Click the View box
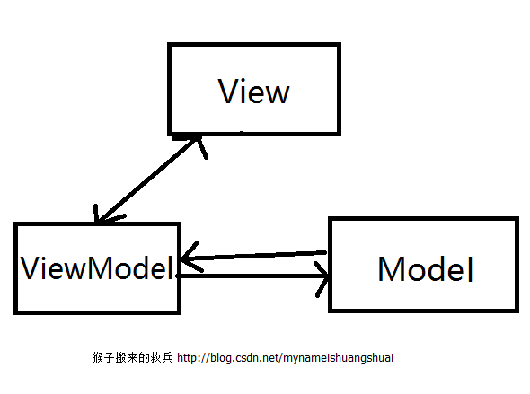253,87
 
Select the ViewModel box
97,267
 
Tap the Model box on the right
423,264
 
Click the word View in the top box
254,92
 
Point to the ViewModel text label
96,267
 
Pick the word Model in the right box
425,268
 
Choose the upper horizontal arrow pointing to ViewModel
256,256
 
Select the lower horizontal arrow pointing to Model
256,276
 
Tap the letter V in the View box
229,92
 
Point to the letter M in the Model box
393,268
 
